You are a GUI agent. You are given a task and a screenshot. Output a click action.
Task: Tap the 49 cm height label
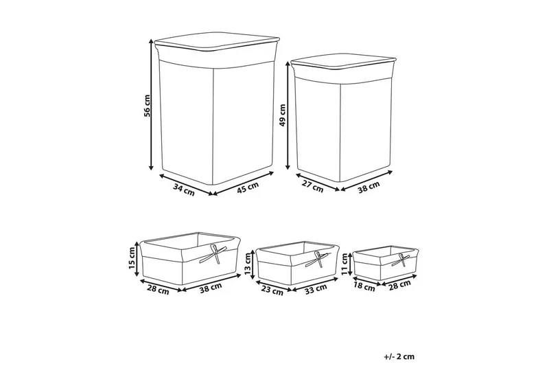click(283, 115)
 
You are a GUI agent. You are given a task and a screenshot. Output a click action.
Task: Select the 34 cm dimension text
click(184, 190)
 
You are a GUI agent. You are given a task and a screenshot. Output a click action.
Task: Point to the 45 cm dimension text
click(248, 187)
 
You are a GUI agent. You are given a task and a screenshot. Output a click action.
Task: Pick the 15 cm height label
click(132, 258)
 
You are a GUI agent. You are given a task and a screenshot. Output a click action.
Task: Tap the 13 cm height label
click(248, 264)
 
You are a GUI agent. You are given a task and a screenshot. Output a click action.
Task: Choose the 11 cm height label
click(345, 264)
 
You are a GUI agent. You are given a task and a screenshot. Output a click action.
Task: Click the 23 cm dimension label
click(272, 290)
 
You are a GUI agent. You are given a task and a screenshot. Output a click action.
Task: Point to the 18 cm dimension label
click(364, 287)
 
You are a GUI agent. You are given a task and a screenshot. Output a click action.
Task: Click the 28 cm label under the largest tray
click(158, 290)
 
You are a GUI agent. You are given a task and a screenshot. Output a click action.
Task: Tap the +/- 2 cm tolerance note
click(399, 356)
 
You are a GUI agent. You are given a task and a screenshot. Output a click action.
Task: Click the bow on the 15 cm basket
click(214, 254)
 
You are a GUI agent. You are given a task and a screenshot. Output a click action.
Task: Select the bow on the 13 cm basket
click(318, 259)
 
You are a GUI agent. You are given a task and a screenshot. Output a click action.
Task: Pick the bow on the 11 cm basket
click(403, 260)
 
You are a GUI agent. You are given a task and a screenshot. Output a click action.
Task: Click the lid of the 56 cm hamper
click(217, 43)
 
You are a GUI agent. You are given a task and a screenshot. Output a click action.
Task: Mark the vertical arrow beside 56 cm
click(151, 104)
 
